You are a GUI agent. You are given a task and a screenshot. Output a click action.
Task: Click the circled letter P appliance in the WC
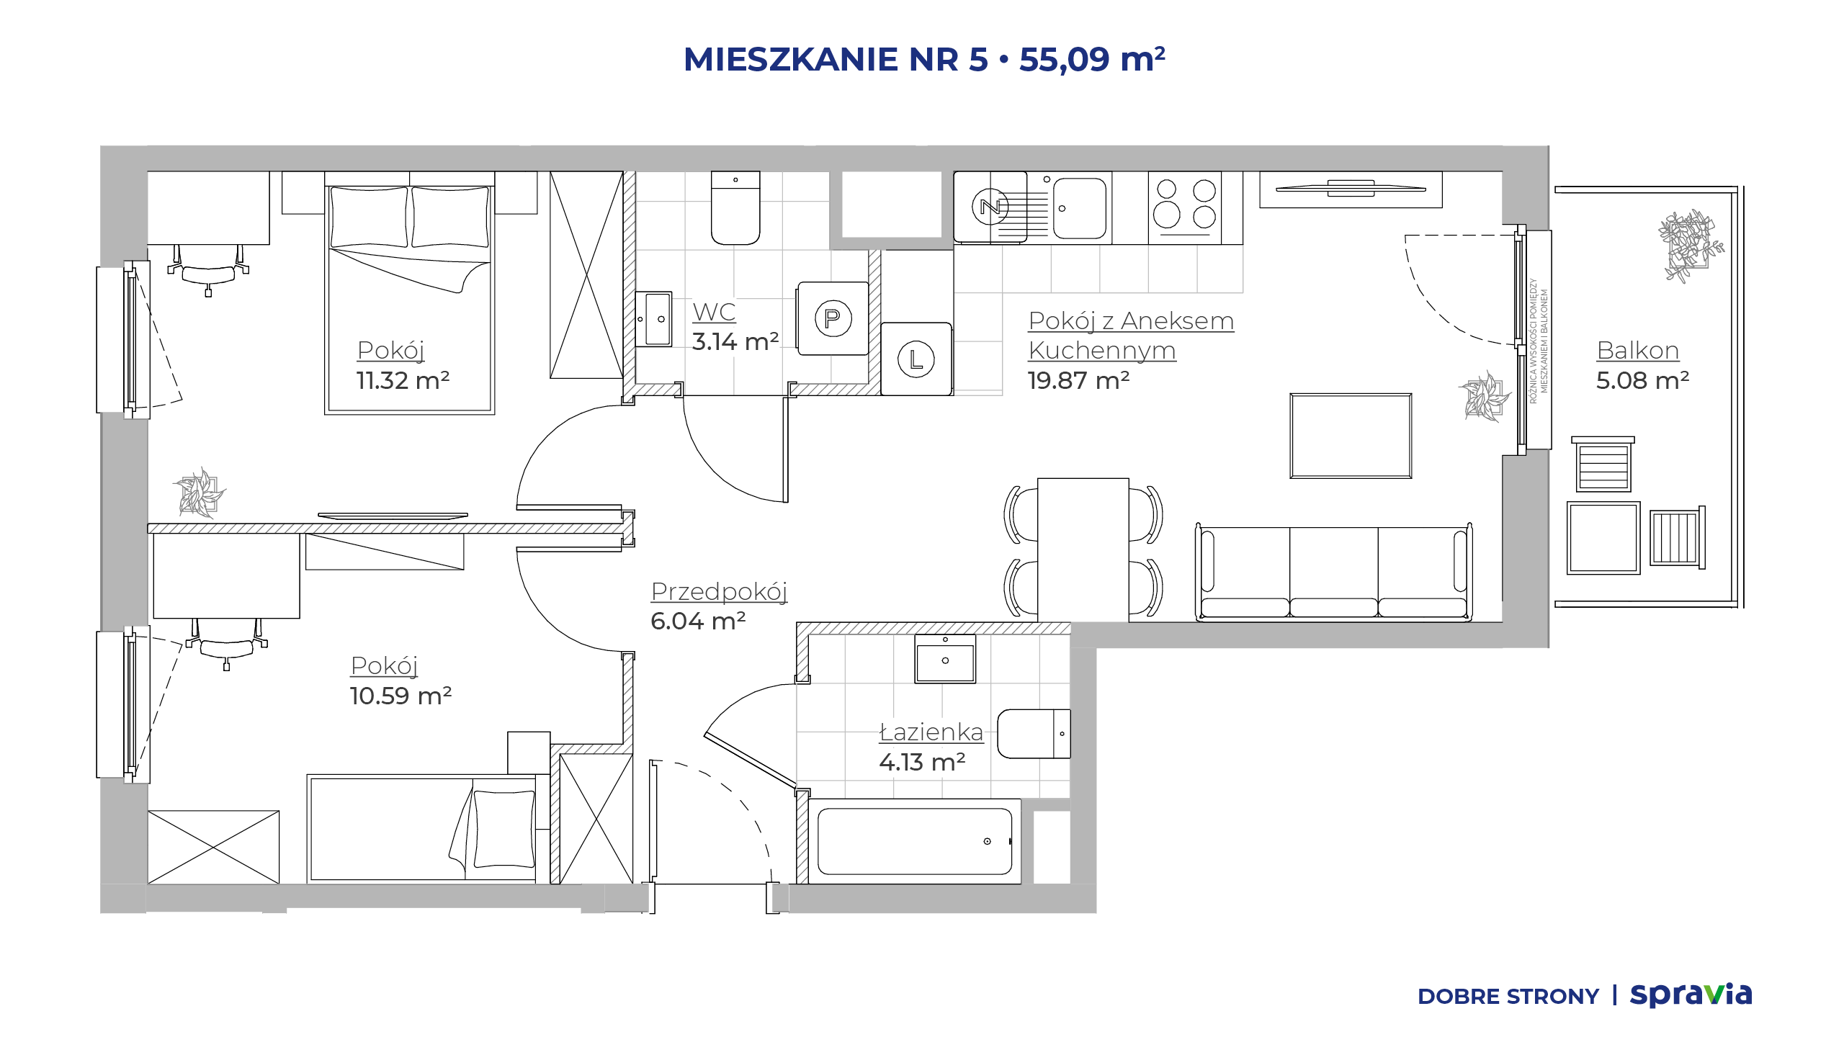[x=833, y=318]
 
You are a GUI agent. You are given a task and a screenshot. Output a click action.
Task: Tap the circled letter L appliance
[x=916, y=359]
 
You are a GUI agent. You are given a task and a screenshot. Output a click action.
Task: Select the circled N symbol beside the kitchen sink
[x=990, y=207]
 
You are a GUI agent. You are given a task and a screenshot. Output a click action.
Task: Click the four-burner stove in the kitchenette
[x=1184, y=207]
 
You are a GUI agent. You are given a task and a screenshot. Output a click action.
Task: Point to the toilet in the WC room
[x=735, y=208]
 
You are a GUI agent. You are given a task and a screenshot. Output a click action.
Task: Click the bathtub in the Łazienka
[x=915, y=841]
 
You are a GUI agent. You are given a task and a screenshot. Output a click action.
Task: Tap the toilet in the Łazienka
[x=1034, y=734]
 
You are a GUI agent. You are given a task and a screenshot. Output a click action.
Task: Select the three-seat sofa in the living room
[x=1333, y=572]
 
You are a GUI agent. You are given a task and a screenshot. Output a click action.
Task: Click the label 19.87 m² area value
[x=1078, y=380]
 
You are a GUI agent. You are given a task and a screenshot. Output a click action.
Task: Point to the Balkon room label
[x=1638, y=351]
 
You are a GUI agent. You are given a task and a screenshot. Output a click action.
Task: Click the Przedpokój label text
[x=719, y=592]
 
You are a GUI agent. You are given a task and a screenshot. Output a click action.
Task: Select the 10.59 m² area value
[x=400, y=696]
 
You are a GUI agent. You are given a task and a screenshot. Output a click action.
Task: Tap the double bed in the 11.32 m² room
[x=409, y=292]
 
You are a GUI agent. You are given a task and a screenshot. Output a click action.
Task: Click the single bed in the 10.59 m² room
[x=422, y=829]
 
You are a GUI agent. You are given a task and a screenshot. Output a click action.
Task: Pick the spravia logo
[x=1691, y=995]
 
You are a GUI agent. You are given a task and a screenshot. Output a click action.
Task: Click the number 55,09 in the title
[x=1064, y=59]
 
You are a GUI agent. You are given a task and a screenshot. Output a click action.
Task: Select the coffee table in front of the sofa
[x=1351, y=436]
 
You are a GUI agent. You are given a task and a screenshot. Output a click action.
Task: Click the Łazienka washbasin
[x=945, y=658]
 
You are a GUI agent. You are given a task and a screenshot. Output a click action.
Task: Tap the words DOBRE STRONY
[x=1508, y=997]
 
